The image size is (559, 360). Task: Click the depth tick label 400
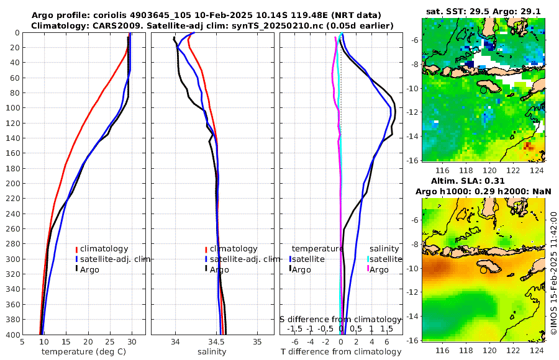12,335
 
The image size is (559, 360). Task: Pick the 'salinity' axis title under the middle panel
211,352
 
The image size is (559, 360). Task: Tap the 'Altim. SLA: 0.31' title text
483,180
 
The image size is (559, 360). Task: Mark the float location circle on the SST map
483,90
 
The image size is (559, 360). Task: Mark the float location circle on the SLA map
483,270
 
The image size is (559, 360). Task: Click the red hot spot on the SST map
528,146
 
